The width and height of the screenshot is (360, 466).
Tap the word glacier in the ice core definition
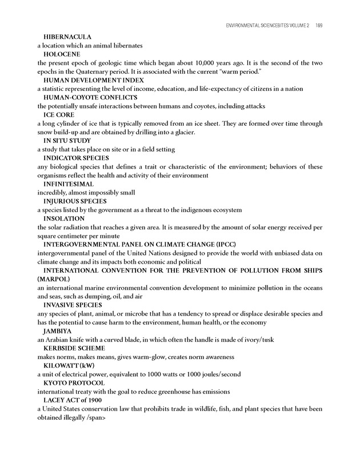(181, 133)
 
